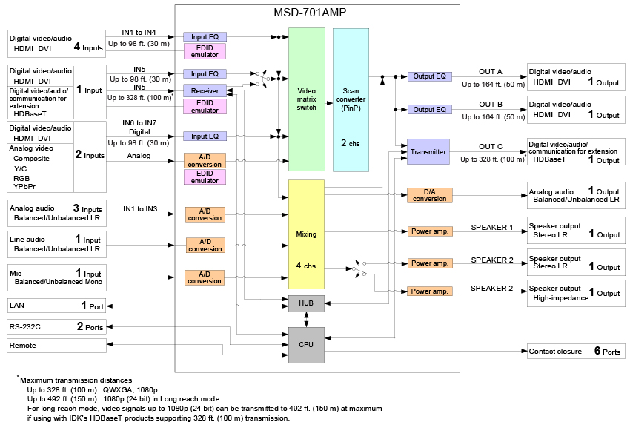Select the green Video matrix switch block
[x=306, y=99]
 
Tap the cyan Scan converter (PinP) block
[x=351, y=99]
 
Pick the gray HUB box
[x=306, y=303]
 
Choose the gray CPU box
[x=306, y=345]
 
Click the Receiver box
[x=205, y=90]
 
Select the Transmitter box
[x=428, y=152]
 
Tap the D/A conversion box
[x=429, y=195]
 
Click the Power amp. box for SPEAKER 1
[x=429, y=231]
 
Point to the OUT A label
[x=491, y=72]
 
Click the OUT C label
[x=491, y=147]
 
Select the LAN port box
[x=56, y=305]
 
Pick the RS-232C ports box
[x=56, y=326]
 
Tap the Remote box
[x=56, y=346]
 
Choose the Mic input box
[x=56, y=277]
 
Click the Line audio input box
[x=56, y=244]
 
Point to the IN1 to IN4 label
[x=139, y=32]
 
